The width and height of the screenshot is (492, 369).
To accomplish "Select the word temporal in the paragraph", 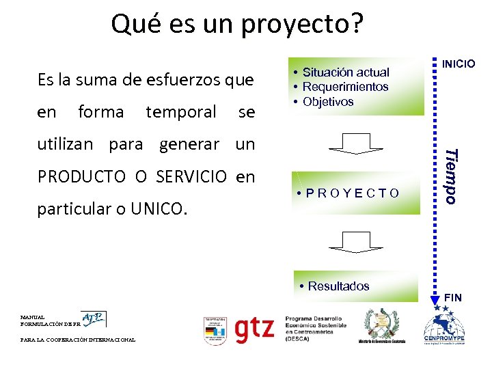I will (181, 111).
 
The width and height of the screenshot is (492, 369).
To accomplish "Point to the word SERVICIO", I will (191, 177).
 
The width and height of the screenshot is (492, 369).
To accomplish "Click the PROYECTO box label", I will (353, 193).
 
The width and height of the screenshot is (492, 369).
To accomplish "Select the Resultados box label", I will (338, 286).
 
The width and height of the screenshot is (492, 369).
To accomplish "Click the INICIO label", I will (459, 64).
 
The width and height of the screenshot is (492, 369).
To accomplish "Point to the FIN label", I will (453, 297).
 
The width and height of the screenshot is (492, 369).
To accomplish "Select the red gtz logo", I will (254, 330).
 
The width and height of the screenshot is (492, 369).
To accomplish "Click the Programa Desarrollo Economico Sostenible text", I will (315, 328).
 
